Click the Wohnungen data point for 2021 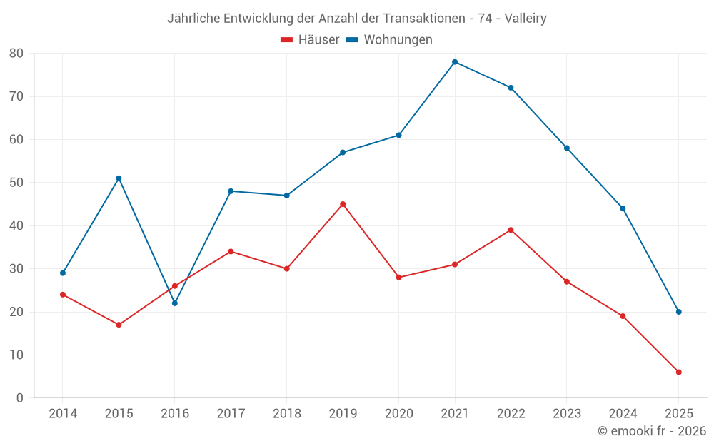click(x=455, y=62)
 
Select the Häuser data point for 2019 click(x=343, y=204)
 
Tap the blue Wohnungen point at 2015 click(x=119, y=178)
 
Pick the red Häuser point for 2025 click(x=678, y=372)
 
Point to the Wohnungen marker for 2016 click(x=175, y=303)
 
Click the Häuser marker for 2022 click(x=511, y=230)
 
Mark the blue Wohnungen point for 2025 click(x=678, y=312)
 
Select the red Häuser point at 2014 click(x=63, y=295)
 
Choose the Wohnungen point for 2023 click(x=567, y=148)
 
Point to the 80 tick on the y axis click(x=16, y=54)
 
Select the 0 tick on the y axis click(x=20, y=398)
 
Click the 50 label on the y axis click(x=16, y=183)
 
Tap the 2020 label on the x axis click(x=398, y=414)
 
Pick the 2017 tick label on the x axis click(x=231, y=414)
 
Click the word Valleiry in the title click(x=525, y=19)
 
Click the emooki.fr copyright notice click(x=651, y=431)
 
